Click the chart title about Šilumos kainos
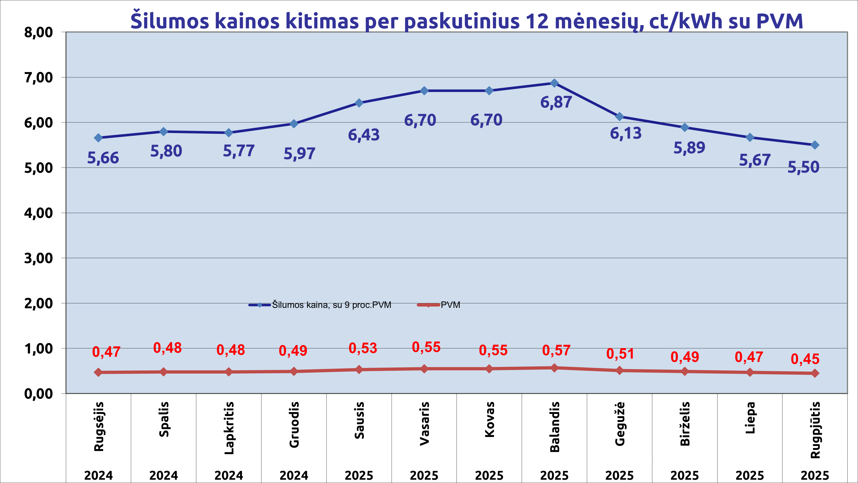coord(466,21)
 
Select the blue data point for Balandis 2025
coord(554,83)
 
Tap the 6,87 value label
coord(556,102)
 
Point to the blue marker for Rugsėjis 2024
coord(98,138)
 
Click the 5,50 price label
coord(803,167)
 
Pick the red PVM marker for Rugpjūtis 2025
coord(815,373)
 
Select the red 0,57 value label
coord(556,350)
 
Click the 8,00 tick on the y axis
coord(38,33)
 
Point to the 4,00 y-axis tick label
coord(38,213)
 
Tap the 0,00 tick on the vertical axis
coord(38,394)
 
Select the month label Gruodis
coord(294,425)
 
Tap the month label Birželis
coord(685,424)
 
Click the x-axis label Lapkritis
coord(229,428)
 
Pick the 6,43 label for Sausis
coord(364,135)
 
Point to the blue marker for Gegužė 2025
coord(619,116)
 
